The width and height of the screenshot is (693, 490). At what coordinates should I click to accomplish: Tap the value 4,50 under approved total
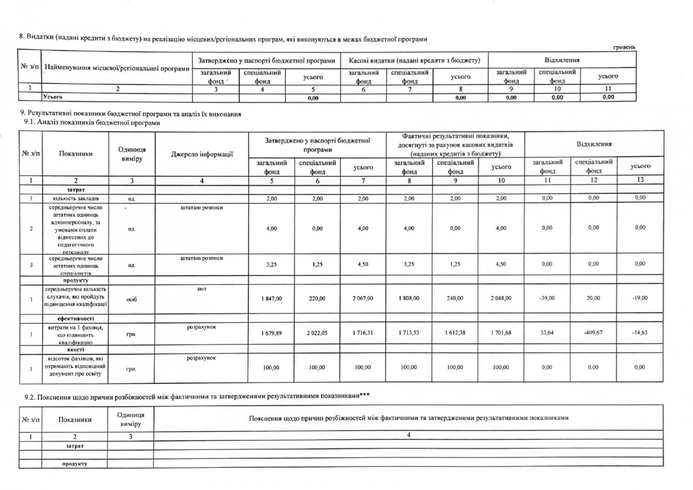[362, 264]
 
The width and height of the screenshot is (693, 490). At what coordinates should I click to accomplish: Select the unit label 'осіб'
[132, 299]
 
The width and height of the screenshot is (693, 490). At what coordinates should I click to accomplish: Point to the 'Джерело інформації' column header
[202, 154]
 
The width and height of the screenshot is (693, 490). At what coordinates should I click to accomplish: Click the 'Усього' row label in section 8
[53, 98]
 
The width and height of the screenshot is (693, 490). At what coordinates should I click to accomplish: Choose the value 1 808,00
[408, 298]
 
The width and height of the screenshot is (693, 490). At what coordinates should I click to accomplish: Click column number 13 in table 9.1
[639, 181]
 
